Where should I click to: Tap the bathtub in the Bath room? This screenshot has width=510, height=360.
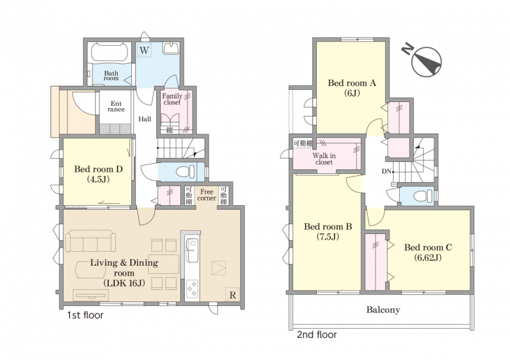pyautogui.click(x=110, y=52)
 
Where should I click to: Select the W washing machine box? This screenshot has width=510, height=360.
pyautogui.click(x=144, y=50)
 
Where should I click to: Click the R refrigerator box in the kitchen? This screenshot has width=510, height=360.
pyautogui.click(x=233, y=294)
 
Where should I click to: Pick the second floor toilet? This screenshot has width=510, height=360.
pyautogui.click(x=422, y=196)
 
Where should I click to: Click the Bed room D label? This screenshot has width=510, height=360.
pyautogui.click(x=98, y=174)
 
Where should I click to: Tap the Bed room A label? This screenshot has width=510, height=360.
pyautogui.click(x=352, y=88)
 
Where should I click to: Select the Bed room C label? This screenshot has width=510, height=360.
pyautogui.click(x=428, y=252)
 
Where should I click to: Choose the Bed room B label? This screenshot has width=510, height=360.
pyautogui.click(x=328, y=231)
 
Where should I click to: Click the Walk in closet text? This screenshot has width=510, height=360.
pyautogui.click(x=324, y=159)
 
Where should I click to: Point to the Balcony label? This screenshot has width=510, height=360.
pyautogui.click(x=383, y=310)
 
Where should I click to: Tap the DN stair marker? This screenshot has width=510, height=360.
pyautogui.click(x=386, y=171)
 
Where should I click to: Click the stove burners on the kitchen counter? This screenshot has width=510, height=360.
pyautogui.click(x=192, y=288)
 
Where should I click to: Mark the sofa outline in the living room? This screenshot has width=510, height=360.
pyautogui.click(x=91, y=241)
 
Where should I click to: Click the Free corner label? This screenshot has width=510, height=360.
pyautogui.click(x=207, y=195)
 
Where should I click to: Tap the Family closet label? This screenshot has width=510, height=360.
pyautogui.click(x=172, y=99)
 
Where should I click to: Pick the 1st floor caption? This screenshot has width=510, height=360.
pyautogui.click(x=85, y=315)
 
